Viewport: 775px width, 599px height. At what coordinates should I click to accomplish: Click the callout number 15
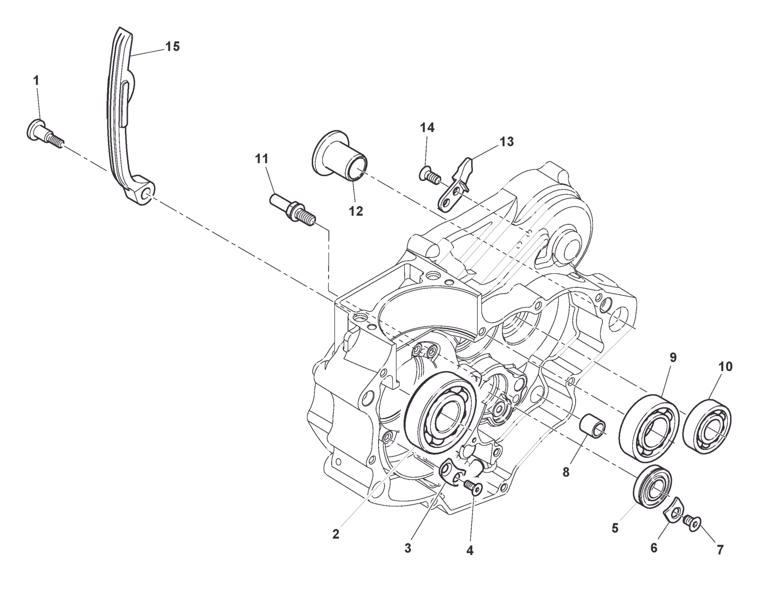point(172,47)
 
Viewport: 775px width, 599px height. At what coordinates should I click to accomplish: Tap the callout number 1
point(36,81)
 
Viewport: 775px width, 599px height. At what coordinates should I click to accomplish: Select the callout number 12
point(356,211)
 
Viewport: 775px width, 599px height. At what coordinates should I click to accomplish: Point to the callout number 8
point(566,472)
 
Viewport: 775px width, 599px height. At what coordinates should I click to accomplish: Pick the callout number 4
point(469,551)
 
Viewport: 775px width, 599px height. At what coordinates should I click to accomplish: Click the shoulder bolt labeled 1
point(43,133)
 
